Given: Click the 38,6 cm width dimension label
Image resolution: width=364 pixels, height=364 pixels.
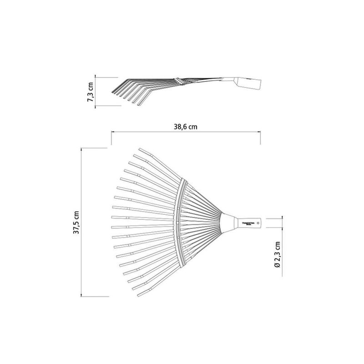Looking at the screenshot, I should pyautogui.click(x=185, y=126).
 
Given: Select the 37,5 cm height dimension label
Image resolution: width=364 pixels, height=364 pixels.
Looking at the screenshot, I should pyautogui.click(x=78, y=222).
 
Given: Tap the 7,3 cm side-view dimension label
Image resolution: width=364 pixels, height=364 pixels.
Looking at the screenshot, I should pyautogui.click(x=91, y=91).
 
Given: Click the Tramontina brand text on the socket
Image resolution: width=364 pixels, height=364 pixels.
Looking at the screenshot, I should pyautogui.click(x=250, y=223).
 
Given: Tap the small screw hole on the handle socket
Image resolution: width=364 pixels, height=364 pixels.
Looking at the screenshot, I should pyautogui.click(x=258, y=223).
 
